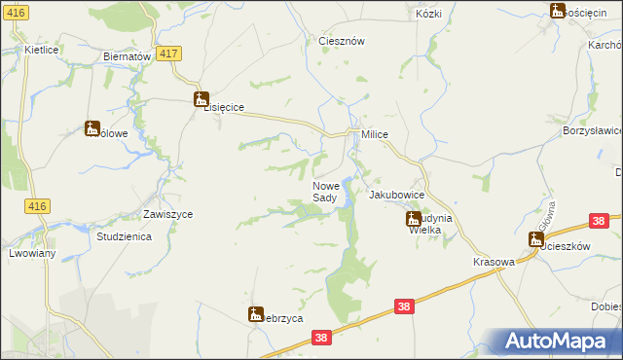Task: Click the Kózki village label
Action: pos(428,15)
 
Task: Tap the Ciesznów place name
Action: pos(342,42)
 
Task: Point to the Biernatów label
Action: pos(127,56)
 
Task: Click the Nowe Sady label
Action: pos(325,192)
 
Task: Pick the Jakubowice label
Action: pos(396,195)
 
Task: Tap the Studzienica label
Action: pos(122,236)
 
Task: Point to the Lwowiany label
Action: pos(31,253)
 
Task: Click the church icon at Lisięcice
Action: pos(202,98)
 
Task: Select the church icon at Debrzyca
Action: pos(256,313)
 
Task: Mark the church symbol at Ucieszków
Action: pos(535,238)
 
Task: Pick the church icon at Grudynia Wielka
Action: pos(413,221)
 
